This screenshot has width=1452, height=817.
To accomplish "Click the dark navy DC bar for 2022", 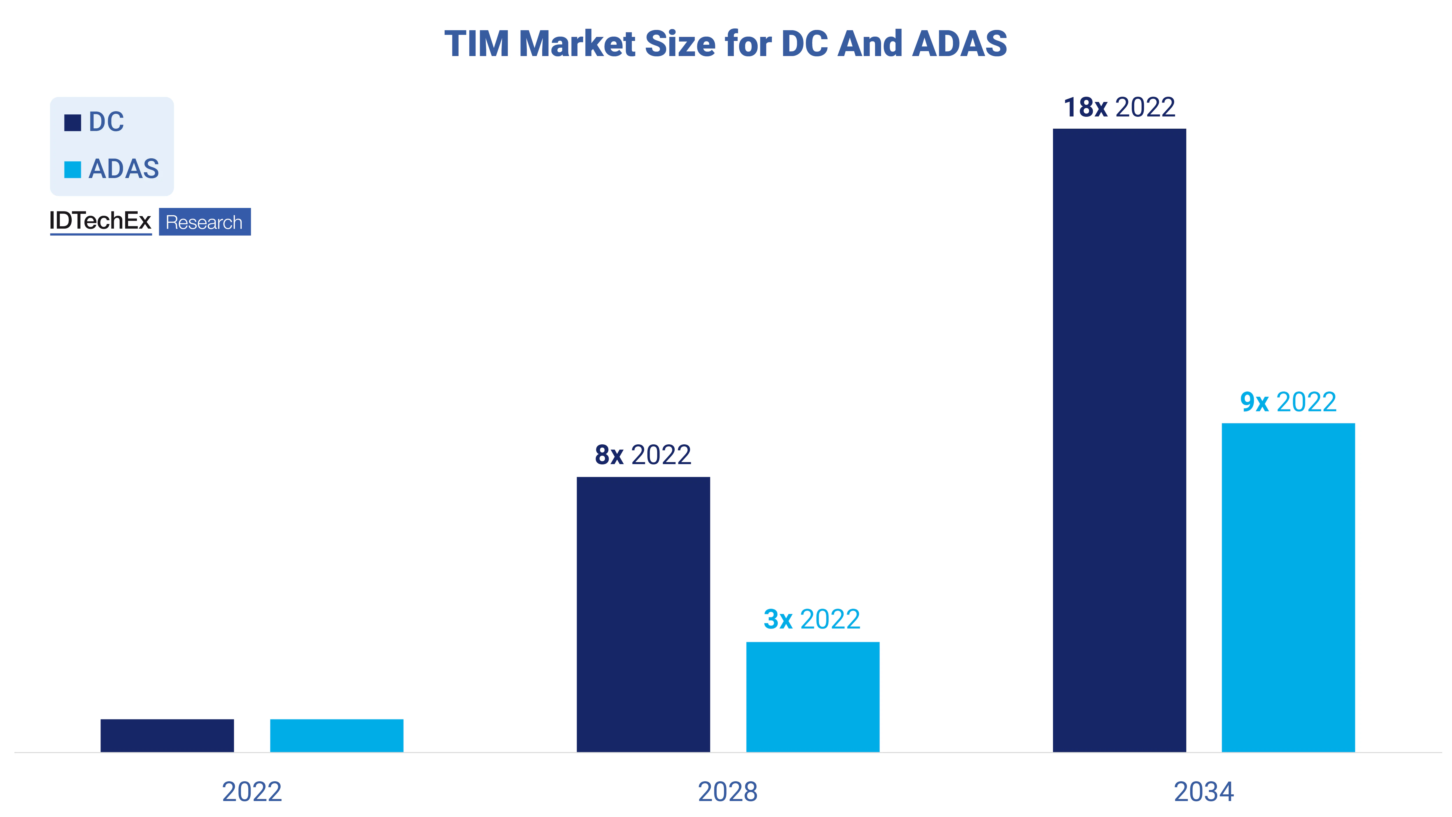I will click(167, 735).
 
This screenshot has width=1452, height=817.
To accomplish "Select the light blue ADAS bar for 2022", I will click(337, 735).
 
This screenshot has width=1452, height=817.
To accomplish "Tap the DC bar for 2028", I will click(643, 615).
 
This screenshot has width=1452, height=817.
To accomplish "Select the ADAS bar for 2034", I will click(1288, 588).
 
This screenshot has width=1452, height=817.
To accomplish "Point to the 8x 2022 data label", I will click(643, 455).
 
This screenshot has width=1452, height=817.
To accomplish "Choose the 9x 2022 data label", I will click(1288, 402).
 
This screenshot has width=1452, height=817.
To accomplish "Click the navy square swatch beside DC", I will click(73, 122).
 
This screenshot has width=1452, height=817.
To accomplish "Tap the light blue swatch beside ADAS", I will click(73, 169).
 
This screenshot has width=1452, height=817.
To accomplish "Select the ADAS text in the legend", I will click(124, 168).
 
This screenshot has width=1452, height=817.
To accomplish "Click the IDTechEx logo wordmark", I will click(100, 221).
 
